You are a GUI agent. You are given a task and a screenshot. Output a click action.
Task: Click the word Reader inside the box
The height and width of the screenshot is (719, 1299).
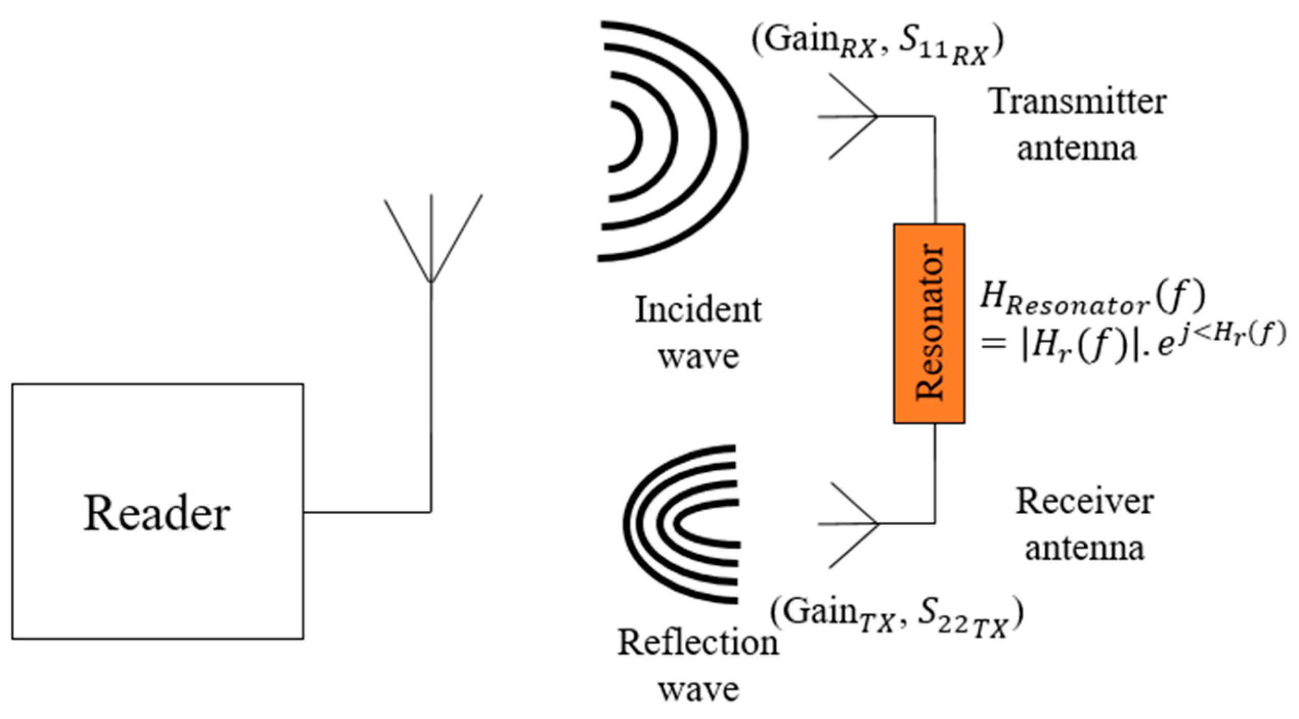click(x=156, y=513)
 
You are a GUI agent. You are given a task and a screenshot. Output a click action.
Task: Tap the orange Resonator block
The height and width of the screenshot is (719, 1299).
click(x=929, y=323)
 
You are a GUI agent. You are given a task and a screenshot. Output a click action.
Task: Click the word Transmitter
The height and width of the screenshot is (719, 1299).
click(x=1079, y=101)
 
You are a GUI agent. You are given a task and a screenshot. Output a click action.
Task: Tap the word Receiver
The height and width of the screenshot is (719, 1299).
click(x=1084, y=501)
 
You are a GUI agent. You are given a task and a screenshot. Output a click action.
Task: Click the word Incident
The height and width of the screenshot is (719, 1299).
click(x=698, y=310)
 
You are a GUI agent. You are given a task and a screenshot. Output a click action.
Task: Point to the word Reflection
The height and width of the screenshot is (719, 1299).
click(x=698, y=642)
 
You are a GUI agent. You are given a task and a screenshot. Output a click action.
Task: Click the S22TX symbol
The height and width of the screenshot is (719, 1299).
click(x=961, y=617)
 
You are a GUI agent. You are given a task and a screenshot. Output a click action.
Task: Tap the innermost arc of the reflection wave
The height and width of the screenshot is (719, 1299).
click(x=680, y=524)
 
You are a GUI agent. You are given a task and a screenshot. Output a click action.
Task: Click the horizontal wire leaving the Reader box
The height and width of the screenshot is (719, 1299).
click(x=367, y=512)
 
